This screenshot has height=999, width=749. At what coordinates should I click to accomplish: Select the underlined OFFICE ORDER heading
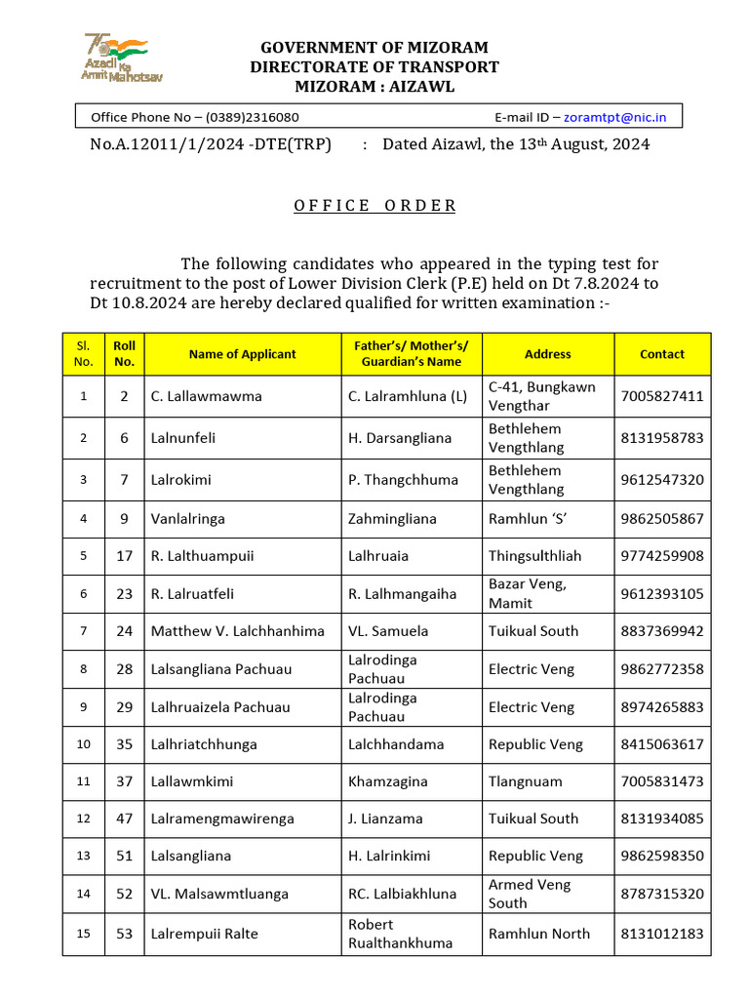click(x=374, y=205)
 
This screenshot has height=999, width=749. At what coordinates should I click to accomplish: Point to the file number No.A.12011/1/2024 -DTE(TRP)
click(x=211, y=144)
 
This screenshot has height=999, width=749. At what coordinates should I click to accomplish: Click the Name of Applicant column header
click(x=242, y=354)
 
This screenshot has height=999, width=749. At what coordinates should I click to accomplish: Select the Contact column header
click(x=662, y=354)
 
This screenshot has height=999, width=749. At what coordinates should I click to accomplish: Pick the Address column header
click(x=548, y=354)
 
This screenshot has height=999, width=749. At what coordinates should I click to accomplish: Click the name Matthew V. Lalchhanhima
click(x=237, y=631)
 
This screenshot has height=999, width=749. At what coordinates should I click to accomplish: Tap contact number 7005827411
click(x=662, y=396)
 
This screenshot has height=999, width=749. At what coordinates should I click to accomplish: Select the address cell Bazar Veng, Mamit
click(x=528, y=593)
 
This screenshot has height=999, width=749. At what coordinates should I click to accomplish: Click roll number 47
click(x=124, y=819)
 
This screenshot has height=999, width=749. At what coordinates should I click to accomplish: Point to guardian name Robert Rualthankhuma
click(x=400, y=934)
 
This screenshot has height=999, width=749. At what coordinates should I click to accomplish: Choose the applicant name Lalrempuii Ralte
click(x=205, y=934)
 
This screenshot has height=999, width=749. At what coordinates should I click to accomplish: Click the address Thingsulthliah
click(x=534, y=556)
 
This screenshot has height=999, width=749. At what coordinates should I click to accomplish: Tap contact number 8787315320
click(x=662, y=894)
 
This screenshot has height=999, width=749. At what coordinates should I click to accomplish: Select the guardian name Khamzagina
click(x=389, y=781)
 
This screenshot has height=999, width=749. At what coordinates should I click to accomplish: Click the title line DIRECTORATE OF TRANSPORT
click(x=374, y=67)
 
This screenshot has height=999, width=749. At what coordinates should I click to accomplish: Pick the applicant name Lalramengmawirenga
click(x=222, y=819)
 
